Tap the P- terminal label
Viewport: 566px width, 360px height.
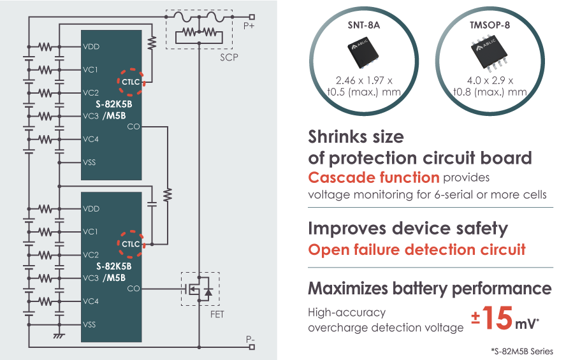tap(250, 340)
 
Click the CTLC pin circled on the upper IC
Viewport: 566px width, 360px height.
tap(131, 81)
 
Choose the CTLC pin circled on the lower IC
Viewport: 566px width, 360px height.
tap(131, 244)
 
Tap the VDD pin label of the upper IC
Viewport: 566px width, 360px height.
tap(92, 47)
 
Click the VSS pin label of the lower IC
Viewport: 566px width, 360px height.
tap(90, 325)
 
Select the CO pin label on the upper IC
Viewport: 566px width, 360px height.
tap(133, 127)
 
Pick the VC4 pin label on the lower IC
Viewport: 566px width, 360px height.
tap(91, 301)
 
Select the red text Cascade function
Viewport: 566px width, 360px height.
tap(374, 177)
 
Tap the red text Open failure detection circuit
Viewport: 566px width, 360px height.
tap(417, 249)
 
